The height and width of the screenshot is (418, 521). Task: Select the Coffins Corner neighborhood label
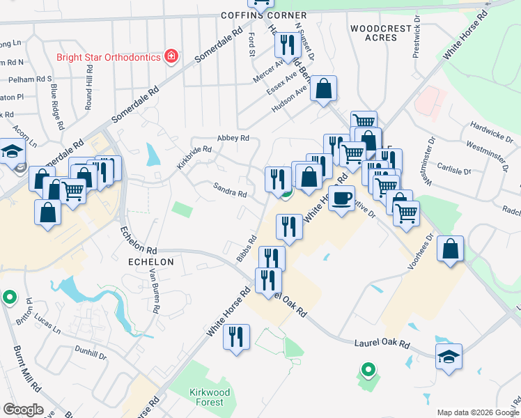tap(263, 15)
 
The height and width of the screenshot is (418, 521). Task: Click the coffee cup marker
tap(341, 198)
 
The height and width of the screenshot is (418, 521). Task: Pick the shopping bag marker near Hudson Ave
tap(324, 88)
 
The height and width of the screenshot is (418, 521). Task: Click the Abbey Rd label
tap(233, 138)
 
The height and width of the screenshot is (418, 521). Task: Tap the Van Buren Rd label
tap(155, 291)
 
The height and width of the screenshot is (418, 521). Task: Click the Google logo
tap(23, 410)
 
